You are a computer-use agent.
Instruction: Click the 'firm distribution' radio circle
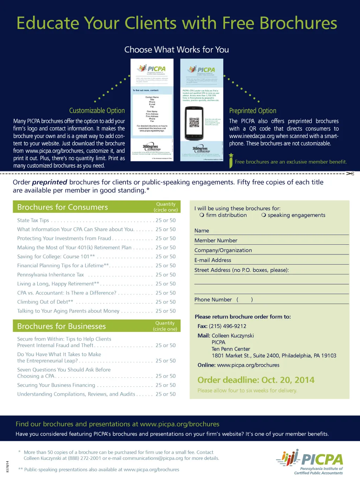(x=202, y=215)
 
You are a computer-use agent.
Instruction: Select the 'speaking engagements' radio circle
(x=264, y=215)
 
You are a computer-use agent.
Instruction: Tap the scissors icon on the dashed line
(x=350, y=173)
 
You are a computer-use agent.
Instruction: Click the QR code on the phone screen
(x=194, y=122)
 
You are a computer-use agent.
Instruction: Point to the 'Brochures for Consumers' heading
(x=63, y=207)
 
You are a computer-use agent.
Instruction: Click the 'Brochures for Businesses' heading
(x=62, y=326)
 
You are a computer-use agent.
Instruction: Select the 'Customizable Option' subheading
(x=97, y=110)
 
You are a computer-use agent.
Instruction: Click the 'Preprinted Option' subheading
(x=252, y=110)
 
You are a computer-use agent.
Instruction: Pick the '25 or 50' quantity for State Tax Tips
(x=166, y=220)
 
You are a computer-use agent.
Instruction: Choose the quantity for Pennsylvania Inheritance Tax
(x=166, y=275)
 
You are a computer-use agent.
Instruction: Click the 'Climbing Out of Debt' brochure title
(x=45, y=302)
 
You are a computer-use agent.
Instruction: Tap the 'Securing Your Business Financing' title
(x=56, y=385)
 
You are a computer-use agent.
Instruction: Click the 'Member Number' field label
(x=216, y=240)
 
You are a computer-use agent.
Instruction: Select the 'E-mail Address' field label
(x=213, y=260)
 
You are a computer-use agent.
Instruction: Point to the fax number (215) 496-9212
(x=227, y=326)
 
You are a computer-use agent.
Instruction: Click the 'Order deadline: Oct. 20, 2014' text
(x=256, y=380)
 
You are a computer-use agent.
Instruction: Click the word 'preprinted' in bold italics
(x=50, y=182)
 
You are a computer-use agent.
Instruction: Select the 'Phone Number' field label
(x=213, y=299)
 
